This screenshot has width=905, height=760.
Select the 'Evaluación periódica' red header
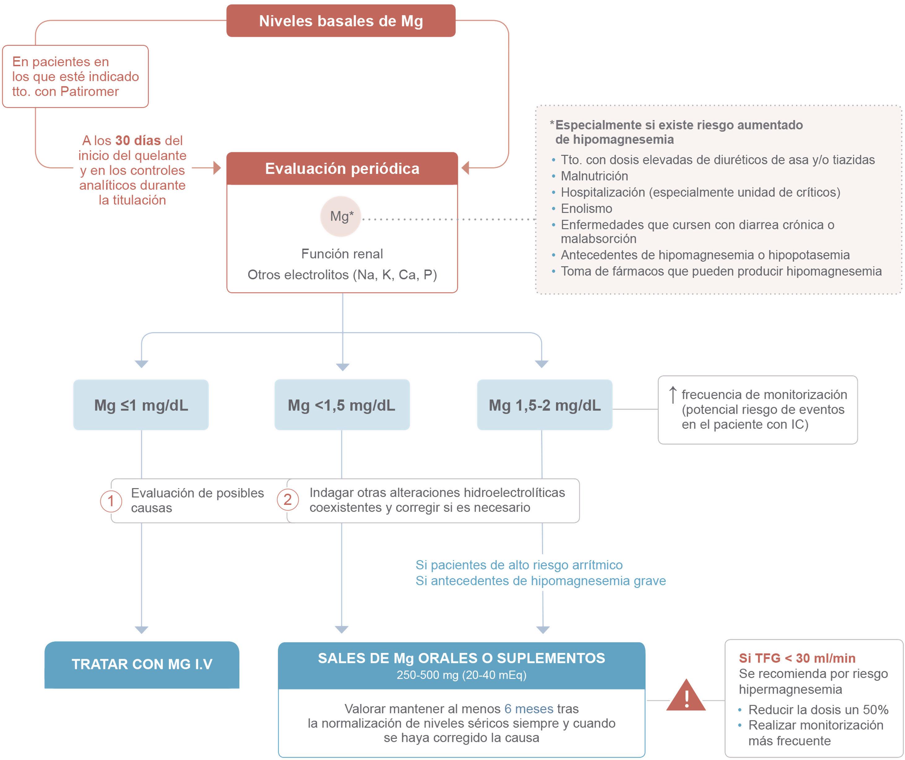pyautogui.click(x=342, y=169)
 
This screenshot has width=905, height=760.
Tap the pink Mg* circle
pyautogui.click(x=340, y=216)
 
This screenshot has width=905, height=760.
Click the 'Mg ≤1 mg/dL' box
pyautogui.click(x=141, y=405)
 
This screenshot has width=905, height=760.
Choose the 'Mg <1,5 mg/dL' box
pyautogui.click(x=342, y=405)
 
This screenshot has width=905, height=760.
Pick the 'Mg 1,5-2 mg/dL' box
pyautogui.click(x=544, y=405)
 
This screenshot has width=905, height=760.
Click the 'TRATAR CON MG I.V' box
pyautogui.click(x=142, y=664)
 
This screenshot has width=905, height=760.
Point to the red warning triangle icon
pyautogui.click(x=686, y=697)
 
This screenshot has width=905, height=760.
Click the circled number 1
pyautogui.click(x=111, y=501)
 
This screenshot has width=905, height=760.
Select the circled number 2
pyautogui.click(x=287, y=500)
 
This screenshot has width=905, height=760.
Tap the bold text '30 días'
pyautogui.click(x=138, y=140)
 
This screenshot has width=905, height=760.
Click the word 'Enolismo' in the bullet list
pyautogui.click(x=586, y=209)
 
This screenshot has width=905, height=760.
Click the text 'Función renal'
pyautogui.click(x=342, y=254)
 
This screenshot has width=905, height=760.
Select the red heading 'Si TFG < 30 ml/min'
pyautogui.click(x=797, y=658)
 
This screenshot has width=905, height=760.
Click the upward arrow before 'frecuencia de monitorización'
pyautogui.click(x=672, y=395)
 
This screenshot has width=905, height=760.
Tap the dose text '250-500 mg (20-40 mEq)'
pyautogui.click(x=461, y=675)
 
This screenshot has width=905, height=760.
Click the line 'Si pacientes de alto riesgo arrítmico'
pyautogui.click(x=519, y=565)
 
